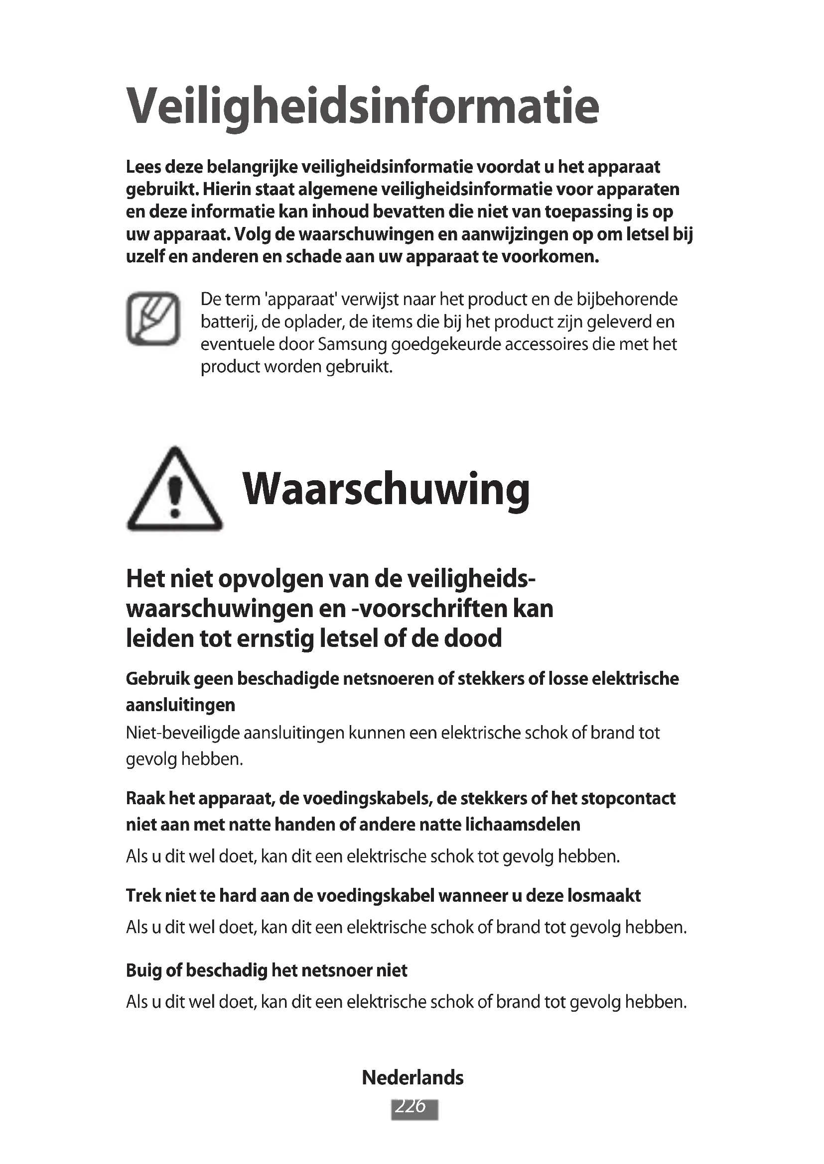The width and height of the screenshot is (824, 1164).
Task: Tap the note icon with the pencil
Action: (x=153, y=318)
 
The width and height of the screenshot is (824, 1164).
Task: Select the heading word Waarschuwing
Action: (x=386, y=490)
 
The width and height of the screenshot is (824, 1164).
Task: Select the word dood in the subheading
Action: (x=473, y=638)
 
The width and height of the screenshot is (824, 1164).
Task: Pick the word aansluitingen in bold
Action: (x=180, y=705)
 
